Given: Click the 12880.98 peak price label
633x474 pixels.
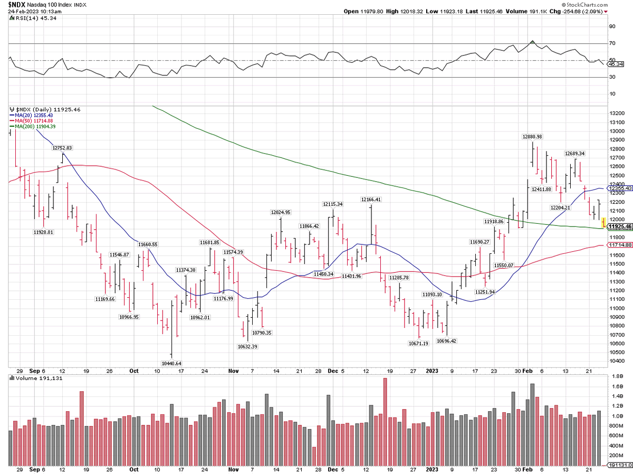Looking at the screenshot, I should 532,137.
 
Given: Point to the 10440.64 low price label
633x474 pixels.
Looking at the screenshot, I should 171,363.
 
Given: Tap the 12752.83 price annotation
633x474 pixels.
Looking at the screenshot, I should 62,148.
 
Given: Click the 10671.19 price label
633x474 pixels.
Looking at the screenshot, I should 418,343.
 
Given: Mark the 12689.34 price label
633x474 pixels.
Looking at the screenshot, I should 574,154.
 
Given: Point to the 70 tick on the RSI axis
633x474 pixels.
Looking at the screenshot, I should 612,43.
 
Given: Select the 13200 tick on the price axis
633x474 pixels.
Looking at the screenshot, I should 616,113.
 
